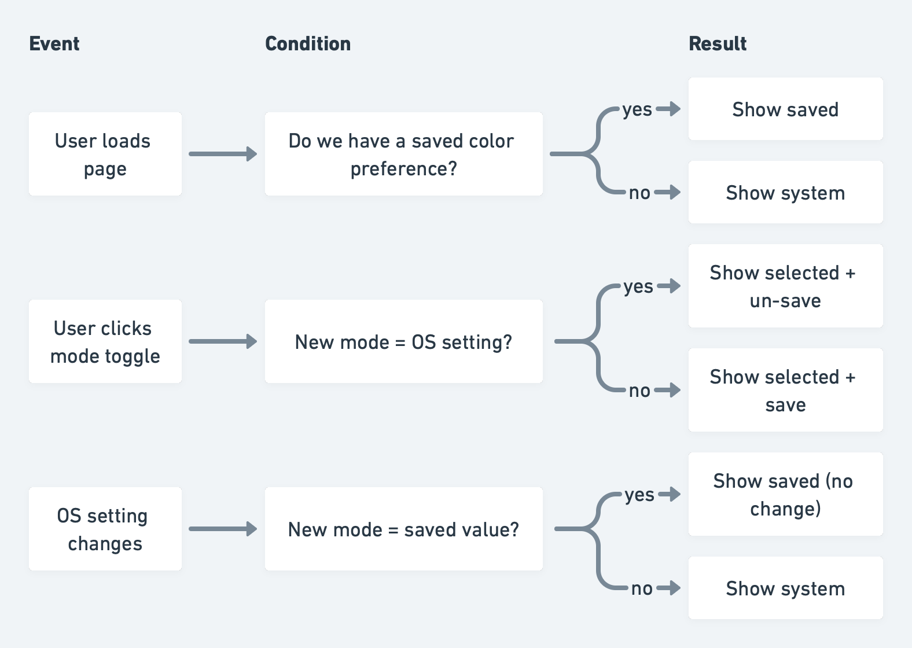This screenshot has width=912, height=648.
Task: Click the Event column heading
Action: point(54,44)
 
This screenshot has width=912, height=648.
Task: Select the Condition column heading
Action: point(308,44)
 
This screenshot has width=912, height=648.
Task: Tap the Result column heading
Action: point(718,44)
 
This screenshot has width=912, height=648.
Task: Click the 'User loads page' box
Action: point(105,154)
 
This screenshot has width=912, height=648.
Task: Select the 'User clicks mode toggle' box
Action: point(105,341)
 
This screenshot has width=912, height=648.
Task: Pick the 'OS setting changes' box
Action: point(105,529)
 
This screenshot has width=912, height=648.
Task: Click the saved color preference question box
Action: point(403,154)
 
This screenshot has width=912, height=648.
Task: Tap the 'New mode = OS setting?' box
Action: point(403,341)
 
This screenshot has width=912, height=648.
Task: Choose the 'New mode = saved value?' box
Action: point(403,529)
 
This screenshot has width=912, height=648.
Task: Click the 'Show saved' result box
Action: point(785,109)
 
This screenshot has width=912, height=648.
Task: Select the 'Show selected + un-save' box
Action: point(785,286)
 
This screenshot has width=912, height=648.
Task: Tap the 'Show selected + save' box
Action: point(785,390)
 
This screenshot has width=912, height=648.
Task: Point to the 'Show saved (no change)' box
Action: point(785,494)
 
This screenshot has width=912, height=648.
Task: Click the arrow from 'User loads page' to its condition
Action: point(223,154)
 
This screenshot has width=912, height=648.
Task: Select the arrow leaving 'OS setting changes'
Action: point(223,529)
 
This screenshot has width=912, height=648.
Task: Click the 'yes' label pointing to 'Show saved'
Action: point(637,109)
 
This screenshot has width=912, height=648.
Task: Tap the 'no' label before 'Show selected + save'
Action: point(639,391)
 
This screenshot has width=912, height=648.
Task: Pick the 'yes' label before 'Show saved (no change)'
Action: point(639,495)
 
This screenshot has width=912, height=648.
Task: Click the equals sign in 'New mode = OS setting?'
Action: point(400,343)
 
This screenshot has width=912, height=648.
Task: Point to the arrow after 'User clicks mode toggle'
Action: point(223,341)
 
